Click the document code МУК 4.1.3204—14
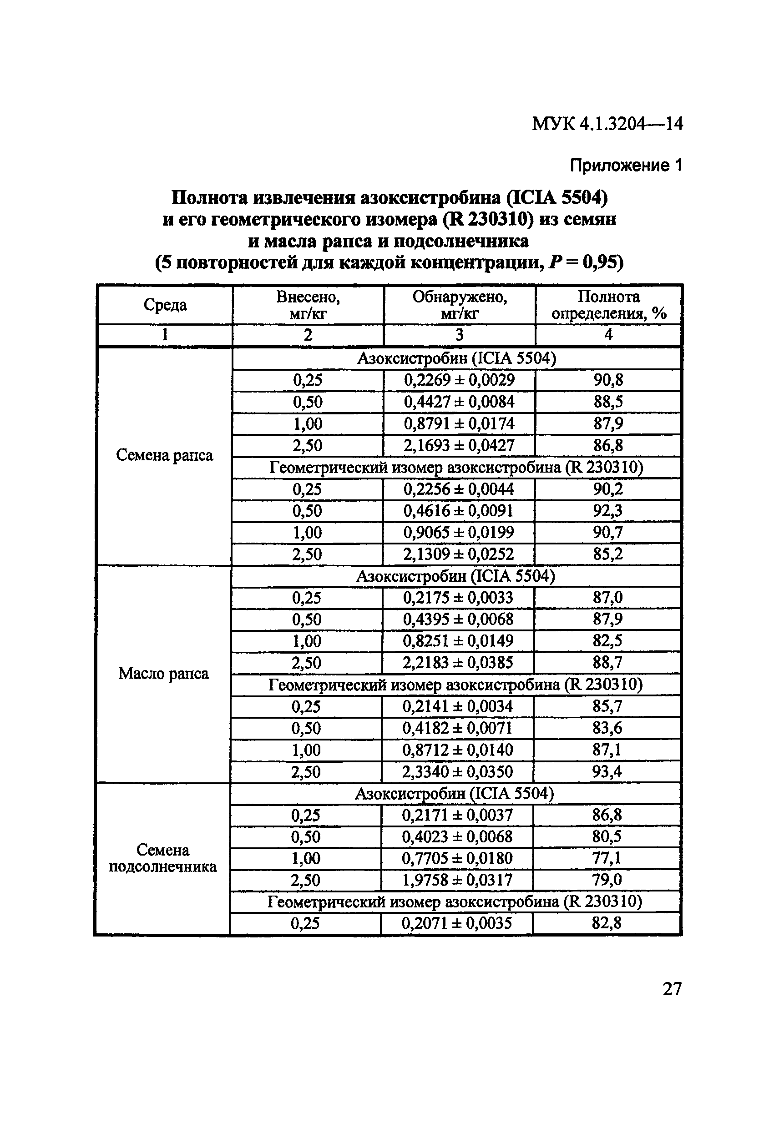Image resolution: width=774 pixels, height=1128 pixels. pyautogui.click(x=607, y=124)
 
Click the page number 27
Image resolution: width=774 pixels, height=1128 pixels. pyautogui.click(x=672, y=989)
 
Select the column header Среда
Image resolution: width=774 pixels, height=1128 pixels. pyautogui.click(x=165, y=305)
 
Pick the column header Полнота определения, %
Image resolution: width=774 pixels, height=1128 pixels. pyautogui.click(x=608, y=305)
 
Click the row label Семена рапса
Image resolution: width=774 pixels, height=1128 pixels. pyautogui.click(x=165, y=455)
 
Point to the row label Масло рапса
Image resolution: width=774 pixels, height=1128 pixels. pyautogui.click(x=164, y=673)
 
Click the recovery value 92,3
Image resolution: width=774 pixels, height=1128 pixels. pyautogui.click(x=607, y=511)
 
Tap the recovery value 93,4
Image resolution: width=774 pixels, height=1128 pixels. pyautogui.click(x=607, y=772)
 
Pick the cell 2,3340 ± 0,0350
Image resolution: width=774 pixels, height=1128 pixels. pyautogui.click(x=457, y=772)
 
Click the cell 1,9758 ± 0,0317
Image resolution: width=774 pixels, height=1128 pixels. pyautogui.click(x=457, y=880)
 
